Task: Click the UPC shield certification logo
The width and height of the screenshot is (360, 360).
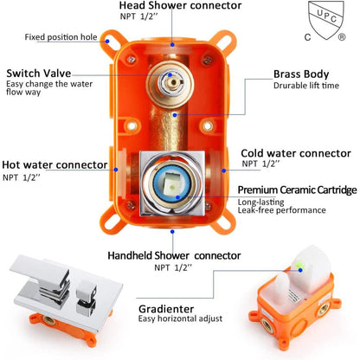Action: (x=326, y=20)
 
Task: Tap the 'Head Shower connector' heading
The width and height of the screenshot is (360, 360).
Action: (x=180, y=5)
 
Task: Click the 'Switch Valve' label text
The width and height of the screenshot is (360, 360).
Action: (x=39, y=74)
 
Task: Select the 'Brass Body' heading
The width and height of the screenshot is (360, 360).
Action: (x=301, y=74)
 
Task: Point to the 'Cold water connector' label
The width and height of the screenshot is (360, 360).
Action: (x=296, y=153)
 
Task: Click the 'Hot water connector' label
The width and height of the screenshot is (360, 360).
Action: (x=55, y=164)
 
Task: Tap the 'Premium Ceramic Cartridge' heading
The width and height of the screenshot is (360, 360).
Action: (x=297, y=190)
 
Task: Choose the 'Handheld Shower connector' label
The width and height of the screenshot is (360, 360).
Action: (x=174, y=255)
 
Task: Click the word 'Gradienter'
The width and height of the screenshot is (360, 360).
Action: (x=166, y=309)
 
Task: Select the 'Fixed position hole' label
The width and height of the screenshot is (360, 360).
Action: (x=61, y=37)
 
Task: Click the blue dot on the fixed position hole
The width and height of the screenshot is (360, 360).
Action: (x=107, y=42)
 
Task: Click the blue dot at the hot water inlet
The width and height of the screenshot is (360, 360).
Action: (x=116, y=170)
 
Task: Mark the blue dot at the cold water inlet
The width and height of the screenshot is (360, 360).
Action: (x=224, y=170)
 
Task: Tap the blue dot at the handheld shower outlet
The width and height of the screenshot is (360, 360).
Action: (x=172, y=231)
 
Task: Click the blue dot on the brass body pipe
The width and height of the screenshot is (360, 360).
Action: (x=175, y=115)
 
